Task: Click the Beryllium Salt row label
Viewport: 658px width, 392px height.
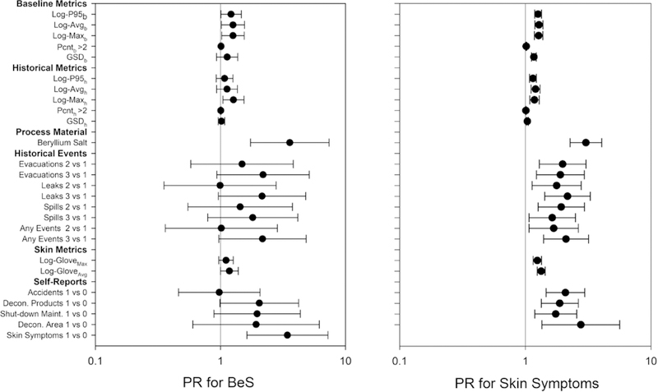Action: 63,142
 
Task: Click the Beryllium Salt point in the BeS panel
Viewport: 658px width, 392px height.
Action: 290,142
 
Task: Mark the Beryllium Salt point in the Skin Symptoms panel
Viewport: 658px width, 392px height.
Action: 586,142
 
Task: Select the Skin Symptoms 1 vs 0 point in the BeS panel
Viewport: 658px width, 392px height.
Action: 287,335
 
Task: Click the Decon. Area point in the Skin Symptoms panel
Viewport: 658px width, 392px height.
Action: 581,325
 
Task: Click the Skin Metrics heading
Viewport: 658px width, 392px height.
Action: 57,249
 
